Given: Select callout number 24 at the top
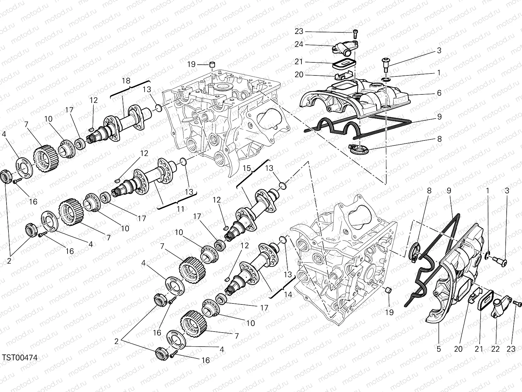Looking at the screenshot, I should click(x=299, y=44).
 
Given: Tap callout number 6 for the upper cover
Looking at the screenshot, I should click(x=439, y=93).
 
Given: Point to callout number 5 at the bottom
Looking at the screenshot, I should click(x=438, y=349).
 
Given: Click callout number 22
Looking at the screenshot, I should click(x=495, y=349).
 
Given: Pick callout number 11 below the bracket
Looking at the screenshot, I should click(x=180, y=209).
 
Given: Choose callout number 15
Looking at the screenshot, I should click(x=247, y=169).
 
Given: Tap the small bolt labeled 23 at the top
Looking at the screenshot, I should click(x=355, y=32).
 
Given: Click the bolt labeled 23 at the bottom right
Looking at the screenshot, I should click(x=516, y=303).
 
